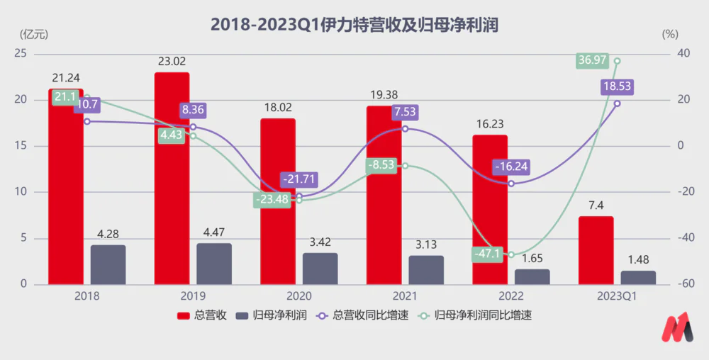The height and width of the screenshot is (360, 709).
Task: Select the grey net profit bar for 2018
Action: [x=108, y=265]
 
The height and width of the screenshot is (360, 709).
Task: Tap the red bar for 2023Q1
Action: [x=596, y=250]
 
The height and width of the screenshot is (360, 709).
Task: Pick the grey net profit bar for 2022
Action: [x=532, y=276]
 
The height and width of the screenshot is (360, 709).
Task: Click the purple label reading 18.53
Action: [x=617, y=86]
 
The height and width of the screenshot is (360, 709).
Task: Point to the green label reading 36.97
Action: [x=593, y=60]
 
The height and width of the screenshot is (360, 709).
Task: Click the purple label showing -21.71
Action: [x=299, y=178]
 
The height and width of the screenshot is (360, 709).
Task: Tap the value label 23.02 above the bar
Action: [x=172, y=62]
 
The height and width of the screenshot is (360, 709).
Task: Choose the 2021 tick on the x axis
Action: [x=406, y=296]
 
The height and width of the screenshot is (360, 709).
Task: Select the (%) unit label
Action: [x=670, y=33]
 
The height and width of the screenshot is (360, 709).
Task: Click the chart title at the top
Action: [x=354, y=23]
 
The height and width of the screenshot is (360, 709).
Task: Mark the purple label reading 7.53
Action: [x=405, y=111]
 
